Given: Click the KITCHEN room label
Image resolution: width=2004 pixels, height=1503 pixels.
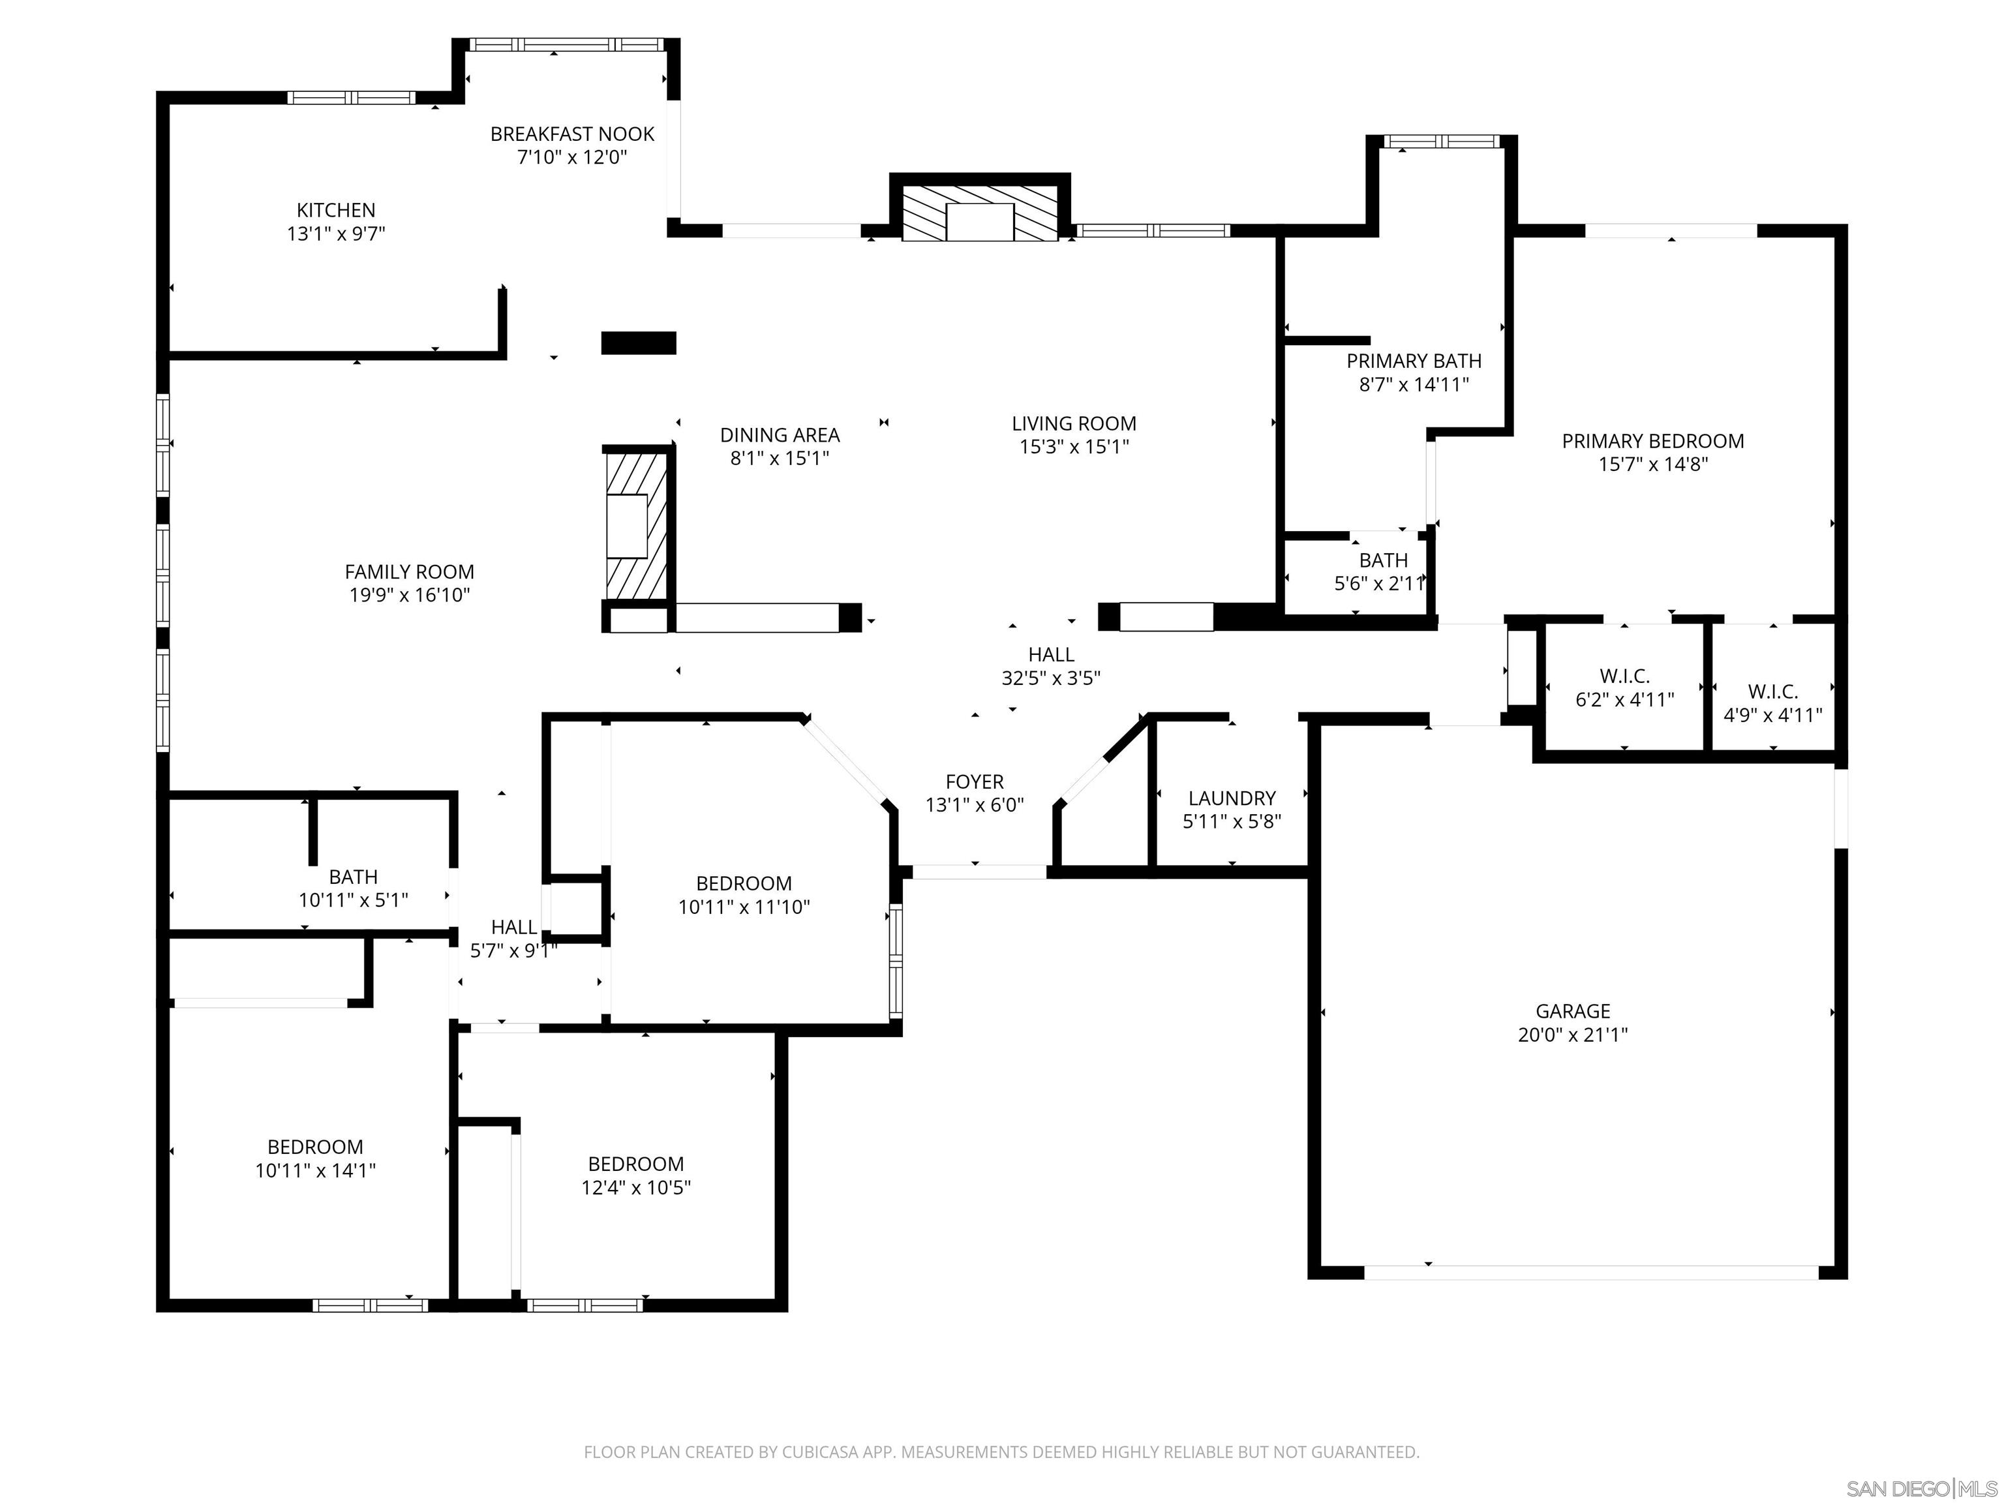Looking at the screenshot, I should (x=335, y=210).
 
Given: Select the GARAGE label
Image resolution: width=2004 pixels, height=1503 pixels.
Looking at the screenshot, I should (x=1572, y=1011).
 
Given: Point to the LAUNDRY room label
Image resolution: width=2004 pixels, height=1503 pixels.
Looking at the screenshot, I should (x=1231, y=798).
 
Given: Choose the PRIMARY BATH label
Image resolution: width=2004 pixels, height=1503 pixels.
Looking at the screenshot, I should (x=1414, y=361).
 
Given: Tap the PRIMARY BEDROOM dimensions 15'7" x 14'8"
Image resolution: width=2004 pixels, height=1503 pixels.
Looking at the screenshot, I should (x=1652, y=464).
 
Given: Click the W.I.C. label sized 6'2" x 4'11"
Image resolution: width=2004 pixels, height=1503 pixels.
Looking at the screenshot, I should (x=1624, y=676).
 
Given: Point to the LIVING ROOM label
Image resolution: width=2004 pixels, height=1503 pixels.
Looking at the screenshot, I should (x=1074, y=423).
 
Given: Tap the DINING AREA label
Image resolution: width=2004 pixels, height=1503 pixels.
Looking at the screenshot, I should (x=779, y=435).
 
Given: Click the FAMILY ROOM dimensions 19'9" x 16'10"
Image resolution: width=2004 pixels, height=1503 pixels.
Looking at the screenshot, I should (x=410, y=595).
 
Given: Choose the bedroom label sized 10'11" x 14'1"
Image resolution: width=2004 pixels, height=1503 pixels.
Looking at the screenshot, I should (x=314, y=1147).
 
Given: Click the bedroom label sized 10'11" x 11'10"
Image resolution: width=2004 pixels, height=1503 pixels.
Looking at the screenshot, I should (x=743, y=883).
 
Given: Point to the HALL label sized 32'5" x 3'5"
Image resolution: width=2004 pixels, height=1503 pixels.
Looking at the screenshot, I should (x=1051, y=654).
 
